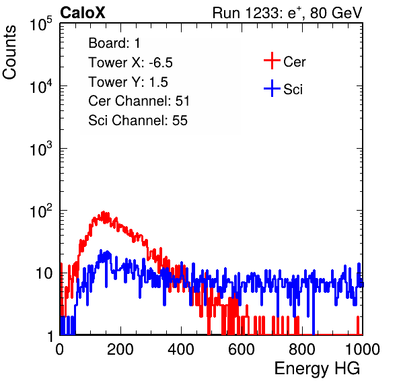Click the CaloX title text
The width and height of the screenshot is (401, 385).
pos(82,13)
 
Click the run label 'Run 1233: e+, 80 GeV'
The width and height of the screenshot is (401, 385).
pos(287,13)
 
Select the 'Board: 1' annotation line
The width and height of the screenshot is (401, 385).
pos(114,43)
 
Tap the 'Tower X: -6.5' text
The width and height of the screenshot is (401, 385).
pos(131,63)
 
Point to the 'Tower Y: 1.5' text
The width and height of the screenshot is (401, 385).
pos(128,82)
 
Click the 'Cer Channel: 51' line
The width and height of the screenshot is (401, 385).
pos(139,101)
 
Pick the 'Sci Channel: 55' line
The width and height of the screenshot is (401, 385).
pos(138,120)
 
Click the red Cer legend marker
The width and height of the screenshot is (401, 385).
pos(272,61)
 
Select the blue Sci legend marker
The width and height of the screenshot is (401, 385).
pos(272,89)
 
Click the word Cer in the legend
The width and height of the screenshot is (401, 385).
pos(294,62)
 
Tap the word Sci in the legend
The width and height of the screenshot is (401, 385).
pos(293,90)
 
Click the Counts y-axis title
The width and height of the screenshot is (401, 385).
pos(9,53)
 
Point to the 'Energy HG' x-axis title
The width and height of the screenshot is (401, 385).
pos(317,369)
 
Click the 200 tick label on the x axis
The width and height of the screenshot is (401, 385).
pos(120,349)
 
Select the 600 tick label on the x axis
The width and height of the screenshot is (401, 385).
pos(242,349)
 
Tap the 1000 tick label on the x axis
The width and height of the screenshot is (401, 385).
pos(363,349)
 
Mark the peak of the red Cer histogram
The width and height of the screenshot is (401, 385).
pos(104,212)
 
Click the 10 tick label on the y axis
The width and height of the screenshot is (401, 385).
pos(44,273)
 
